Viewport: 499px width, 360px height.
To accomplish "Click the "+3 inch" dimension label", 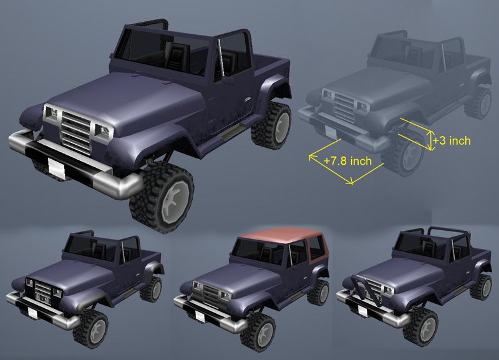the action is point(452,140).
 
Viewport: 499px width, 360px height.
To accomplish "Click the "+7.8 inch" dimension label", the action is point(347,160).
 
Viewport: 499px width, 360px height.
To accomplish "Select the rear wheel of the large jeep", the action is point(271,125).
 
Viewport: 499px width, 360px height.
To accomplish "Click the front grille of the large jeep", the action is point(76,132).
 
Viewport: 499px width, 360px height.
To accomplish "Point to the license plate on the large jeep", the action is point(56,168).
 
